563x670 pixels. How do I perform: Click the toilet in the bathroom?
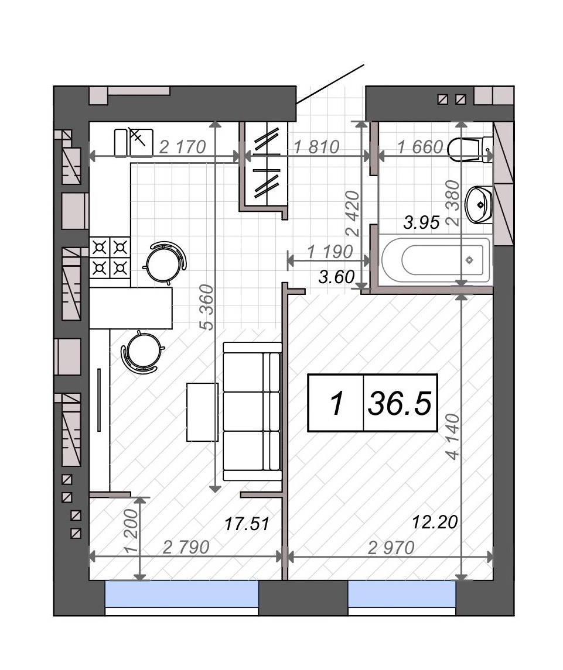pos(470,149)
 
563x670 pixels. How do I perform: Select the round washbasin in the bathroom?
pos(479,205)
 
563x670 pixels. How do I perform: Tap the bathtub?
pos(435,260)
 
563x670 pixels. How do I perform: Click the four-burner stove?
pos(110,257)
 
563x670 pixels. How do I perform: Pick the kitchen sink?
pos(134,142)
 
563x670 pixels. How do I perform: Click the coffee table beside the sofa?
pos(202,412)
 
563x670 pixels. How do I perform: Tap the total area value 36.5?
pos(400,403)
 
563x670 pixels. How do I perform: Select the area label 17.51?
pos(247,524)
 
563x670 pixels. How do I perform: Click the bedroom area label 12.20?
pos(435,522)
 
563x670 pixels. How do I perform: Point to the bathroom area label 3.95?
pos(422,222)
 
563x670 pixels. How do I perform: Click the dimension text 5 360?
pos(207,307)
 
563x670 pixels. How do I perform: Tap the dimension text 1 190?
pos(330,252)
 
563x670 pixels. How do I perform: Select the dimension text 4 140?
pos(453,437)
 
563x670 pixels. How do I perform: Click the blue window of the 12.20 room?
pos(402,594)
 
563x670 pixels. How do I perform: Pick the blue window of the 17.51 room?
pos(182,594)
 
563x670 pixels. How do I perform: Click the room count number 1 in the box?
pos(337,403)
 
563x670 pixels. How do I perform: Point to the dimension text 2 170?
pos(183,147)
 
